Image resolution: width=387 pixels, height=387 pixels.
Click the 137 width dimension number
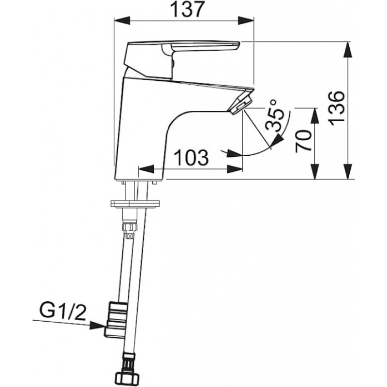pyautogui.click(x=184, y=9)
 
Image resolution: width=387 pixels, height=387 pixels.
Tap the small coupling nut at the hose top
pyautogui.click(x=130, y=227)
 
